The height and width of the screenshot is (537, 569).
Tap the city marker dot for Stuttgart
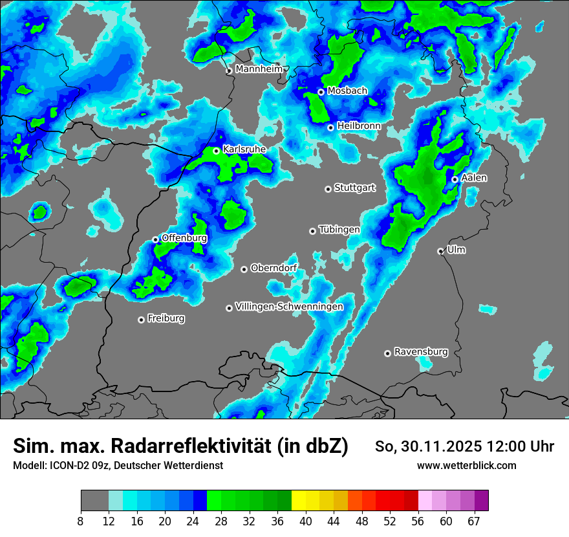tap(328, 189)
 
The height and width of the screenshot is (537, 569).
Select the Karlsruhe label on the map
tap(244, 149)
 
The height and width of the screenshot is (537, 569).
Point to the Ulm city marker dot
tap(440, 251)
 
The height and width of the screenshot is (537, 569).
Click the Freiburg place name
tap(166, 318)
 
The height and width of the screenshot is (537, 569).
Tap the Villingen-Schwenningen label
tap(290, 307)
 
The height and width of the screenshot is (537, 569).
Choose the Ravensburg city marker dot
tap(387, 353)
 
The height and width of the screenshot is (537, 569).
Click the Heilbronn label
tap(359, 126)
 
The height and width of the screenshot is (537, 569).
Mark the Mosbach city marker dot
tap(321, 92)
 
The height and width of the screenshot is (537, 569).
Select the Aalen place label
tap(475, 178)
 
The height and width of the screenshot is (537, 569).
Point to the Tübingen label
tap(339, 230)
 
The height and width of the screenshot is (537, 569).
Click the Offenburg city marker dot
tap(155, 239)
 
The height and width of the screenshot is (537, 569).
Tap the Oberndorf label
tap(274, 268)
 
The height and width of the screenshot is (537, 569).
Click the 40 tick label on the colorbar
tap(305, 521)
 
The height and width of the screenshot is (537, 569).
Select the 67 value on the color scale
tap(475, 521)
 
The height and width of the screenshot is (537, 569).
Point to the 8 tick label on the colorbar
tap(80, 521)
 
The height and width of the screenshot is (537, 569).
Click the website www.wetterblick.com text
tap(467, 465)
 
